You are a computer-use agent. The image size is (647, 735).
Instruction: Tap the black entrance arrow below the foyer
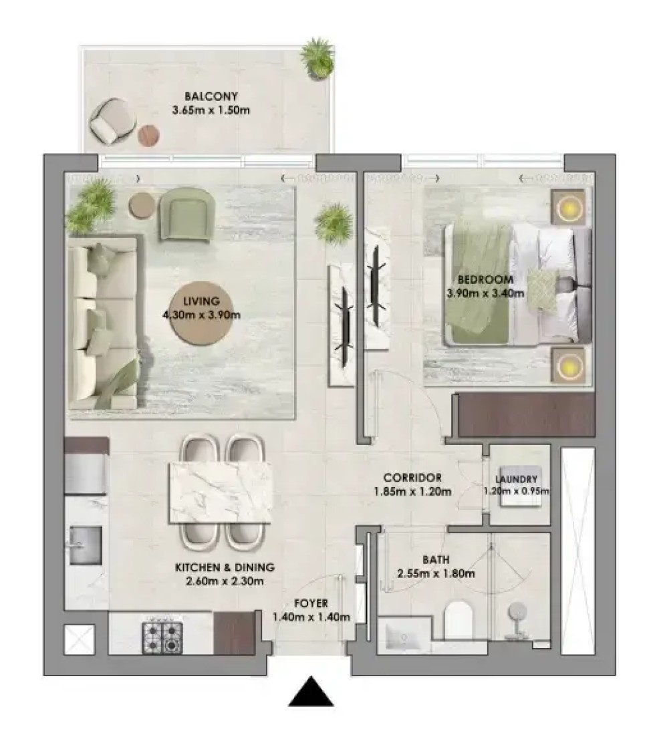(311, 692)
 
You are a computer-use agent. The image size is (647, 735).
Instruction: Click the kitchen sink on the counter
(86, 545)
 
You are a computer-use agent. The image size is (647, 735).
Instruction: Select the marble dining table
(221, 492)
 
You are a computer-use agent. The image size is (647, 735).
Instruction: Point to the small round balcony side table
(148, 136)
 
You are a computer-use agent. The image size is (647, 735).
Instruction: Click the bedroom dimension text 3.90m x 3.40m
(485, 293)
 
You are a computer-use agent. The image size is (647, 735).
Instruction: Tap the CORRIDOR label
(412, 478)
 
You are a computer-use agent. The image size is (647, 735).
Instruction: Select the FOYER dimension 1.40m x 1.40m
(311, 617)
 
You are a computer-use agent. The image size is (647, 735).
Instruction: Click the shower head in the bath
(517, 611)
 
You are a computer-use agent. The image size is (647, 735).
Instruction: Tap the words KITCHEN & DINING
(225, 568)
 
